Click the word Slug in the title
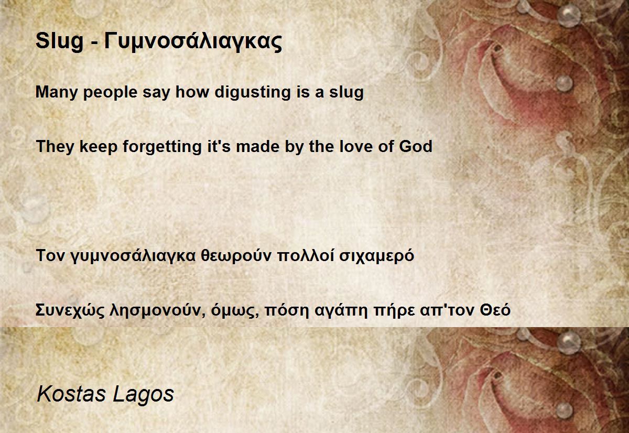coord(60,41)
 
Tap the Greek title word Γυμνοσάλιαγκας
coord(193,41)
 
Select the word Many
coord(56,93)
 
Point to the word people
coord(111,93)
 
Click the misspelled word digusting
coord(253,93)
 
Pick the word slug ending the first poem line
coord(346,93)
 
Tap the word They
coord(55,147)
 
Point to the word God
coord(416,147)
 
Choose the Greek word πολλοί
coord(306,255)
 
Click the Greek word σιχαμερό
coord(377,256)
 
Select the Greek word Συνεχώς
coord(70,310)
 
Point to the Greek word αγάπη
coord(341,310)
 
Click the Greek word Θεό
coord(495,310)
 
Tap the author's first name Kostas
coord(71,394)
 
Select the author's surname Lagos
coord(143,395)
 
